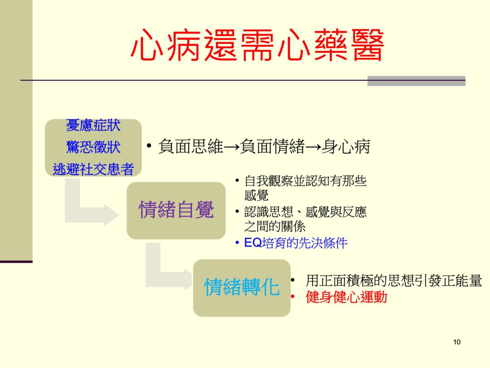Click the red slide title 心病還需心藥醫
click(257, 45)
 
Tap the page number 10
click(457, 342)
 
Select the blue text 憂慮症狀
click(94, 125)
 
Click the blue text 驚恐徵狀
click(94, 147)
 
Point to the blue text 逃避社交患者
click(94, 169)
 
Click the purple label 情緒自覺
click(176, 209)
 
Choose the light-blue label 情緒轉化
click(242, 287)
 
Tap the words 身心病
click(346, 146)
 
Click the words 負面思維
click(191, 146)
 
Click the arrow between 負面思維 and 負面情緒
click(232, 147)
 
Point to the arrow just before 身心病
click(314, 147)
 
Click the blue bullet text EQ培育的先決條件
click(296, 242)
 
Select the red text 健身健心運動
click(346, 297)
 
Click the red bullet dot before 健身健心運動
click(293, 296)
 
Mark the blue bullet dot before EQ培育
click(237, 242)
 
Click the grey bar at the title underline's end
click(416, 81)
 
